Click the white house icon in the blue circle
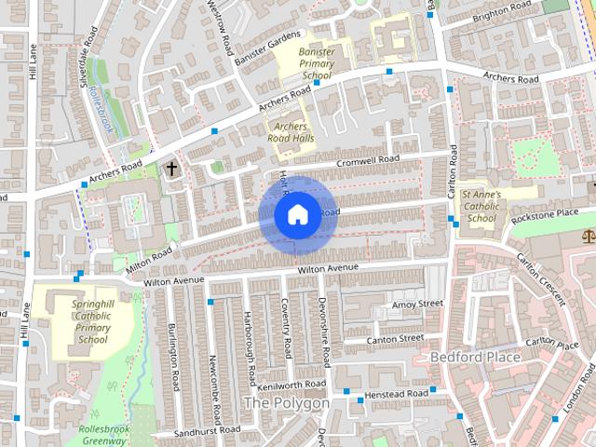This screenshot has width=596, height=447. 296,214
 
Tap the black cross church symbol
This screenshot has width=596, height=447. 170,169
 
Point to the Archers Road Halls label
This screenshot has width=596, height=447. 291,131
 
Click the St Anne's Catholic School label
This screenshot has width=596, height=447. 481,207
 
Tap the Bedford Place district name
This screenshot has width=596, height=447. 475,357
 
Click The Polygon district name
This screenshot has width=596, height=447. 285,403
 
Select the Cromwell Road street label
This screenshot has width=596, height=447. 368,160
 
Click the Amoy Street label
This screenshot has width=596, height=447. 417,304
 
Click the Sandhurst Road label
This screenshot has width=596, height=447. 206,430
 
